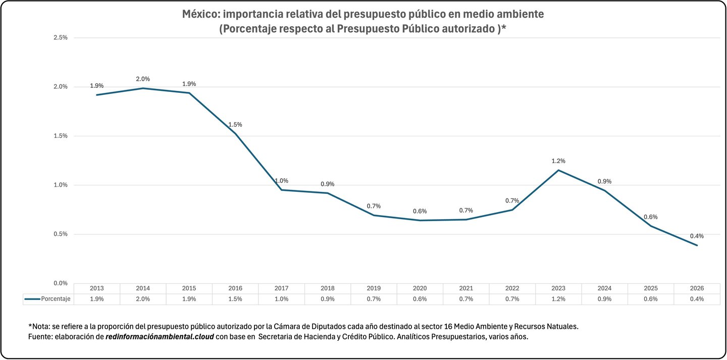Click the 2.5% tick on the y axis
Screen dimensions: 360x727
[60, 38]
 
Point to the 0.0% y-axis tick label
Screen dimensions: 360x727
[60, 283]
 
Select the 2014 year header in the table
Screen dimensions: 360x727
[143, 288]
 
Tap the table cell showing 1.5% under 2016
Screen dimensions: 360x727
[235, 299]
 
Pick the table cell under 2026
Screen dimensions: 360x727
[697, 299]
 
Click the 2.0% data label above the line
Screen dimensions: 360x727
[143, 79]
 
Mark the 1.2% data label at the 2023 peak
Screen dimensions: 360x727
[558, 161]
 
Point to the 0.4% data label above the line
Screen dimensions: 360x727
[697, 236]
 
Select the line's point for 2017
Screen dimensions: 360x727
[281, 190]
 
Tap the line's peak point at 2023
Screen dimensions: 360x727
[558, 170]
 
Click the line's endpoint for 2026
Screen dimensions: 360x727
[697, 245]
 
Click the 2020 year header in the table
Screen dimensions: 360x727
[420, 288]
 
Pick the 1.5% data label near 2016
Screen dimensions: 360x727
[235, 124]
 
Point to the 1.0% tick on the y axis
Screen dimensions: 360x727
[60, 185]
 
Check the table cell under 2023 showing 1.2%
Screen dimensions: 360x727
[558, 299]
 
